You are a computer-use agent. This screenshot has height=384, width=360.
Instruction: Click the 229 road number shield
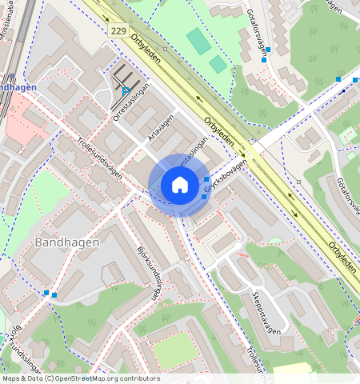coord(118,29)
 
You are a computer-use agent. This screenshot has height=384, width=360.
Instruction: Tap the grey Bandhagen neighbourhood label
coord(67,242)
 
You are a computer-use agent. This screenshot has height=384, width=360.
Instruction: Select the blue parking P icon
coord(126,90)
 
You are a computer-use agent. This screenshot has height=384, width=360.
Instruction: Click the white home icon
coord(180,186)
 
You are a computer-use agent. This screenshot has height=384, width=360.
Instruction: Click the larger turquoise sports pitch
coord(198,41)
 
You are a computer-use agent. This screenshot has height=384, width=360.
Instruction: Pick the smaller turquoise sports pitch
coord(218,64)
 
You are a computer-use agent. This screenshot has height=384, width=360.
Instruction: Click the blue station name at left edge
coord(14,88)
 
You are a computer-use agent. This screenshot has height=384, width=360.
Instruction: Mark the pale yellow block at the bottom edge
coord(291,370)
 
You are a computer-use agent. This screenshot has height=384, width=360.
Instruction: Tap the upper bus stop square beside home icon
coord(206,178)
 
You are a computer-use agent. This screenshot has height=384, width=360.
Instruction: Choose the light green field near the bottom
coord(174,350)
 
